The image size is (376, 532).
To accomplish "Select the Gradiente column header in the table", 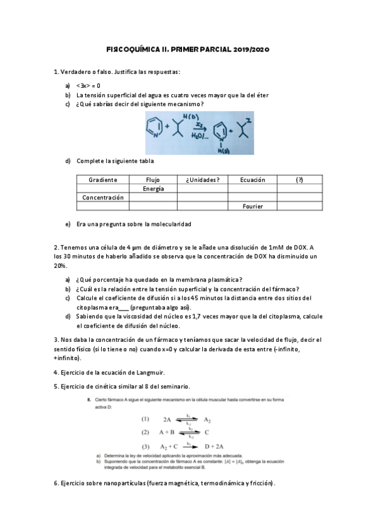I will [x=103, y=180].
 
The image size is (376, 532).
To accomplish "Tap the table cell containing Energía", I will [x=153, y=188].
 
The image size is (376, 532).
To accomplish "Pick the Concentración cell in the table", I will [x=103, y=197].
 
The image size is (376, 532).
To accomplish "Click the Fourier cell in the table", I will [x=252, y=206].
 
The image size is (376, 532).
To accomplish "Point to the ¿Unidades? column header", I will [x=202, y=180].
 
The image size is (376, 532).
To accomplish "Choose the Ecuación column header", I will [x=252, y=180].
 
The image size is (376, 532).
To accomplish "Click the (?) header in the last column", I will [x=299, y=180].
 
